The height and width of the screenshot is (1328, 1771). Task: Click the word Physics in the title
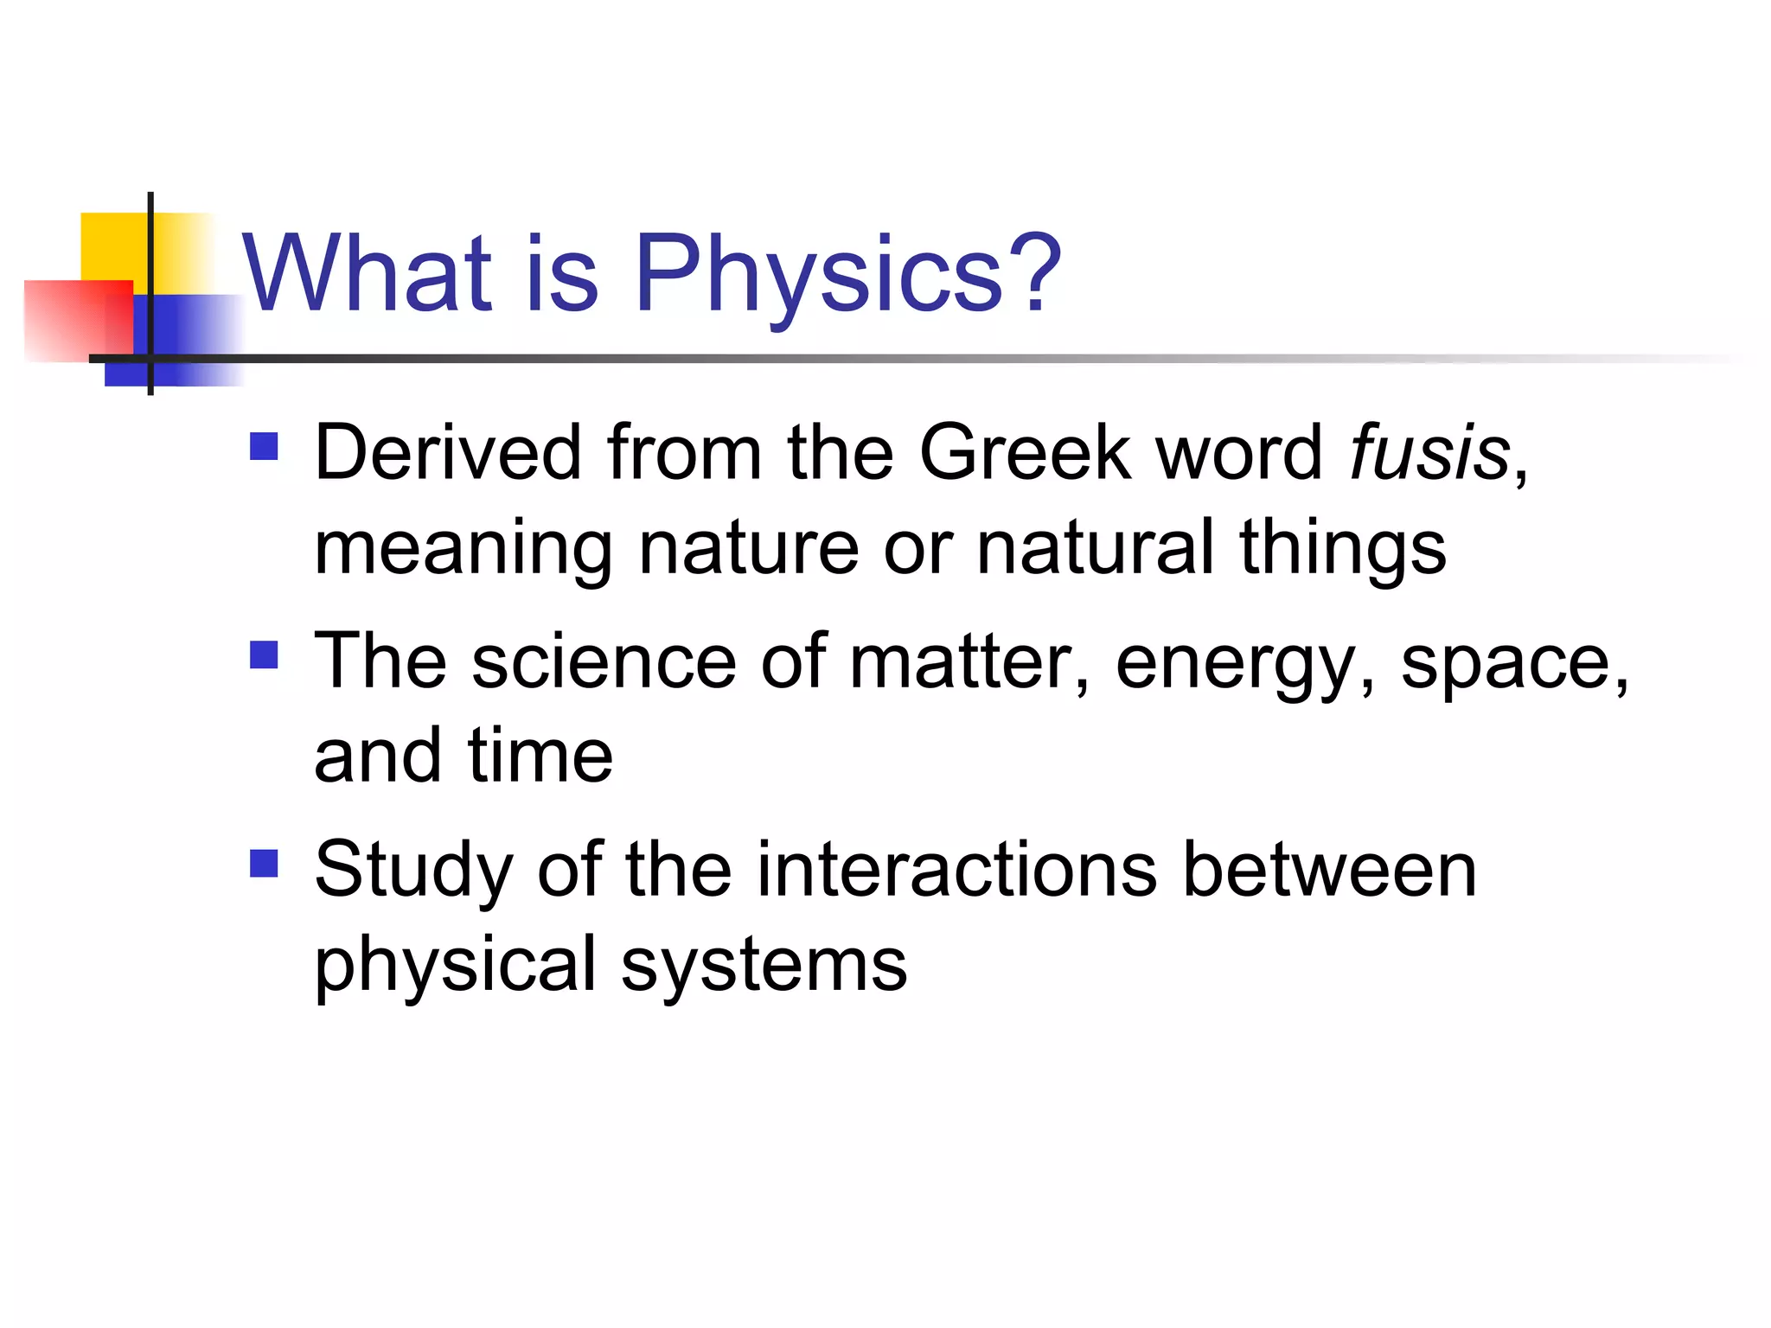(818, 275)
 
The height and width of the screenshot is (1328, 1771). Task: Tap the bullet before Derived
(264, 447)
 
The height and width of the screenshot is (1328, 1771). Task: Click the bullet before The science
(264, 654)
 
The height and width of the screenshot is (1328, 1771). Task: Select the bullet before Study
(264, 863)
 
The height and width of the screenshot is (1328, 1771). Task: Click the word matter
(960, 662)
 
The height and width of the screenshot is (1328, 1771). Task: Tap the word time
(540, 757)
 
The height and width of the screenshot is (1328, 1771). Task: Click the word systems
(764, 967)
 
